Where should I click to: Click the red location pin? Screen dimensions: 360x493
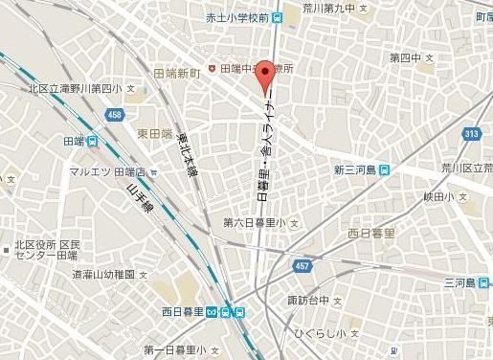click(263, 78)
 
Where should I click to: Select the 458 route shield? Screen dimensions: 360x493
click(115, 115)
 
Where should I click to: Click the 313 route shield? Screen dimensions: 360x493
click(470, 134)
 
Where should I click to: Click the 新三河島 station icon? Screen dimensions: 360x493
click(384, 169)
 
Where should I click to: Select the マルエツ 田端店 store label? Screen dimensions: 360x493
click(106, 172)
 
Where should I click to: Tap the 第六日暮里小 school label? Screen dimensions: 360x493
click(255, 222)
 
